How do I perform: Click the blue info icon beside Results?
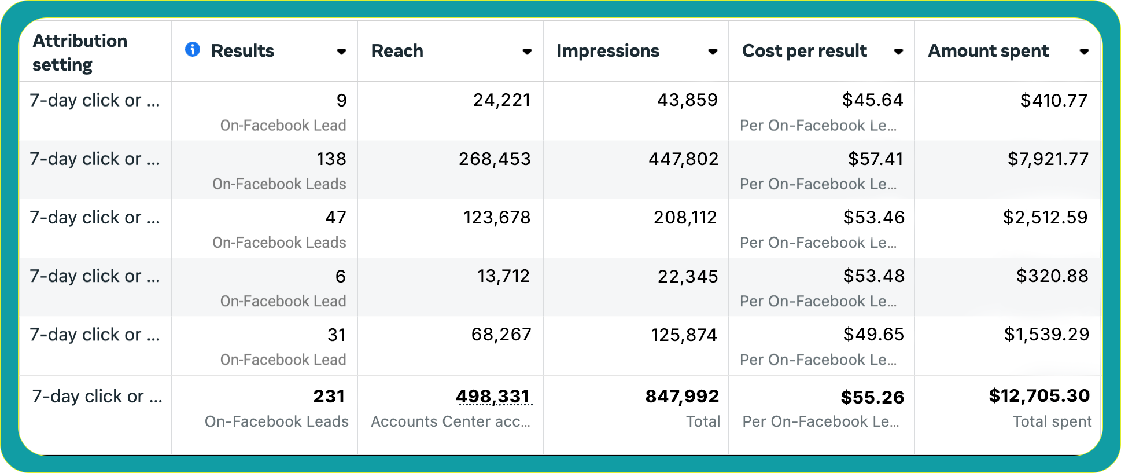click(193, 50)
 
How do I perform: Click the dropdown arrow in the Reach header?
click(527, 52)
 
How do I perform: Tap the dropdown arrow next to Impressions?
click(713, 52)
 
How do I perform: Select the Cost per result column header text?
click(804, 51)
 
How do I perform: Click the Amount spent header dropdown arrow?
click(1084, 52)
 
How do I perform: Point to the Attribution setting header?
click(80, 53)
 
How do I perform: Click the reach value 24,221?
click(502, 100)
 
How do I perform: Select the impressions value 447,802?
click(683, 159)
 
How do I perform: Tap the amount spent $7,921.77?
click(1048, 159)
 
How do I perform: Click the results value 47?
click(335, 217)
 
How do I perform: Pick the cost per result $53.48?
click(873, 276)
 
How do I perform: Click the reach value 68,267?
click(501, 334)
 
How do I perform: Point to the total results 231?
click(329, 396)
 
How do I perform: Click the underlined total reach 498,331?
click(493, 396)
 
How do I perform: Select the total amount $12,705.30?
click(1039, 395)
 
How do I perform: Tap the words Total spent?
click(1052, 421)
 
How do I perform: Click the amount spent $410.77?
click(1053, 100)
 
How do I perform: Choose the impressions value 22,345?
click(687, 276)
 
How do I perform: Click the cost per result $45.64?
click(872, 100)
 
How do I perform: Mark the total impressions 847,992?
click(682, 396)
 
